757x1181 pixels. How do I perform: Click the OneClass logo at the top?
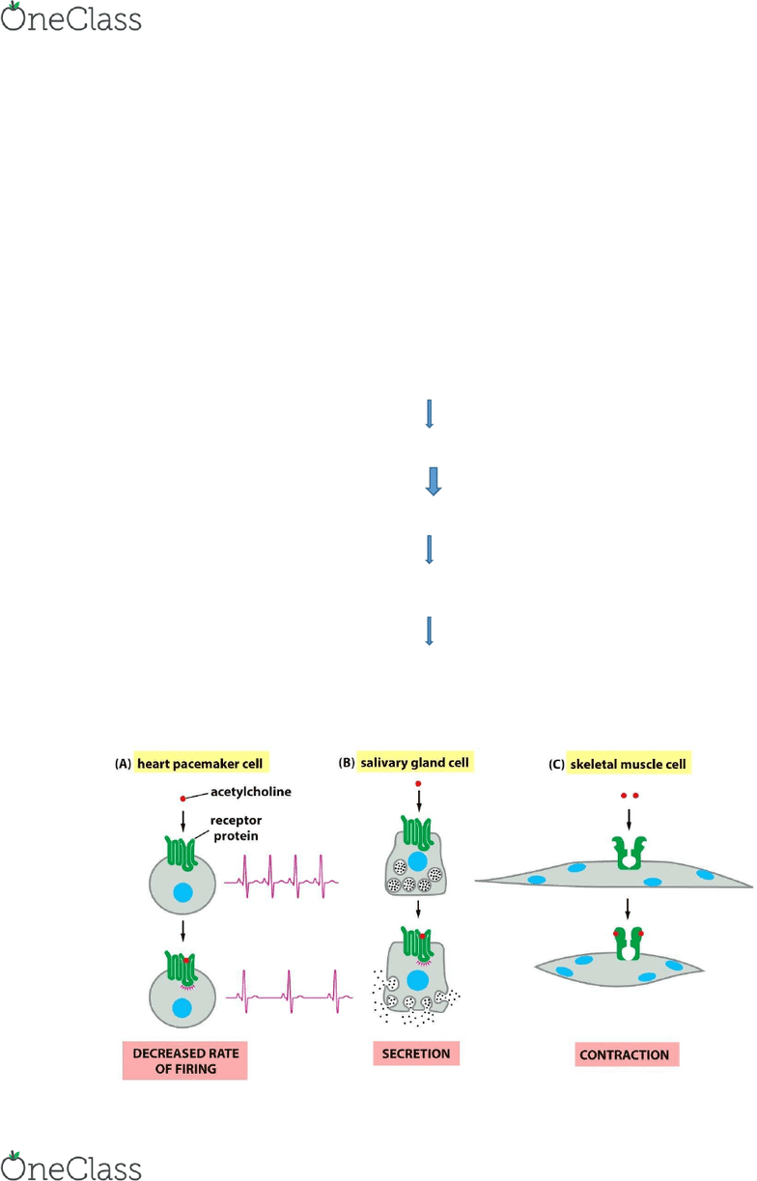click(71, 16)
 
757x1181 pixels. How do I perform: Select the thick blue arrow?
click(434, 481)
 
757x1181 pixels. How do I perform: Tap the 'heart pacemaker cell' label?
click(200, 764)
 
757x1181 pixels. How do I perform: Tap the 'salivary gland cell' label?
click(415, 762)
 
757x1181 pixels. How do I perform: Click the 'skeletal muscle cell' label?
click(629, 764)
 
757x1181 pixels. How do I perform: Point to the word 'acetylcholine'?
click(251, 792)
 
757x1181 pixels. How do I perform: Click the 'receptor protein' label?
click(237, 828)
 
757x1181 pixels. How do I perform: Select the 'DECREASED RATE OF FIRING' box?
click(185, 1060)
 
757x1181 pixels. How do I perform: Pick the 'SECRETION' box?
click(416, 1054)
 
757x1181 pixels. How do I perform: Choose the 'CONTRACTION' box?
click(627, 1054)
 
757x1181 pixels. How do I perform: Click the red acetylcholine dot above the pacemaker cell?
click(182, 799)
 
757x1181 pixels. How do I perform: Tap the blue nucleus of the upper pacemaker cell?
click(182, 892)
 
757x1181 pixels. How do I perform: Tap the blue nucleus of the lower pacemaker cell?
click(182, 1008)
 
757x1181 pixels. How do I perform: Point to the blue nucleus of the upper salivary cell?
click(417, 861)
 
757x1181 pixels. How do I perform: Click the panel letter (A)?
click(123, 764)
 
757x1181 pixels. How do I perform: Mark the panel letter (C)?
click(557, 765)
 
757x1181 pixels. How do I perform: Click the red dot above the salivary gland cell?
click(418, 784)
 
